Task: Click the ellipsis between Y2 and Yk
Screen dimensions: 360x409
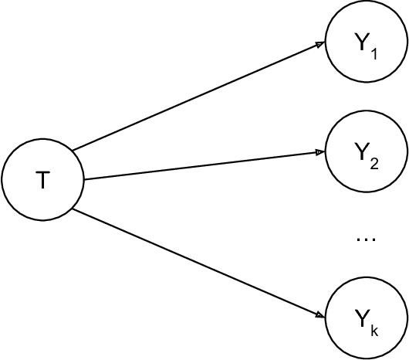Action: tap(364, 239)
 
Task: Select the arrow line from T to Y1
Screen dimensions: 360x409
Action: tap(197, 96)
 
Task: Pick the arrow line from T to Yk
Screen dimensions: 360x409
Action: tap(197, 262)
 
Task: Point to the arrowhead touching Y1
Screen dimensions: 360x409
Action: tap(320, 45)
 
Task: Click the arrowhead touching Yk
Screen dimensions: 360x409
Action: tap(319, 314)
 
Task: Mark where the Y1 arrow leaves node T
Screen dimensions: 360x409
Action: tap(74, 148)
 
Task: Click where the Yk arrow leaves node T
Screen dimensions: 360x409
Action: tap(74, 209)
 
